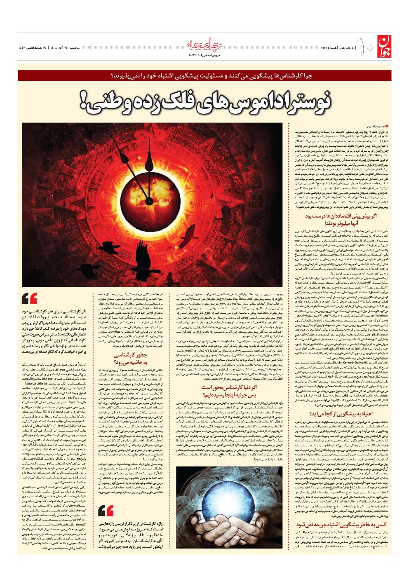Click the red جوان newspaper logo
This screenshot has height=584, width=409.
383,47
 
